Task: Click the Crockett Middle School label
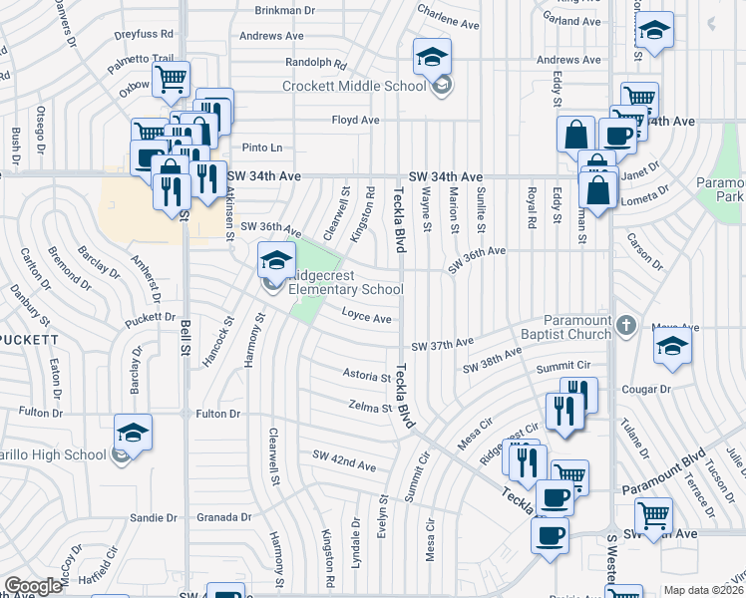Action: coord(354,86)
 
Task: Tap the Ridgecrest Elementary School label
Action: coord(346,282)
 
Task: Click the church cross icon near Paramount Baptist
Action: coord(625,325)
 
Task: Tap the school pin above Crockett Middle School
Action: coord(433,56)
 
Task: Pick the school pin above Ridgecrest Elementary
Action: coord(275,260)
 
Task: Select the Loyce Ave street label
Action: coord(367,319)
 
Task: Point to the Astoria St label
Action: coord(366,377)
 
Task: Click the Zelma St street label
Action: coord(369,406)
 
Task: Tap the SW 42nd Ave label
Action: coord(344,460)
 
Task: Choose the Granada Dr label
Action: coord(225,517)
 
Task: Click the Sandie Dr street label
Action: coord(154,517)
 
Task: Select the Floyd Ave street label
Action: coord(356,120)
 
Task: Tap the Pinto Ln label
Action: coord(263,148)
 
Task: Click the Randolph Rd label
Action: coord(315,62)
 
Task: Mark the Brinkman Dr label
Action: coord(285,10)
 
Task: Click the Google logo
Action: coord(33,587)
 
